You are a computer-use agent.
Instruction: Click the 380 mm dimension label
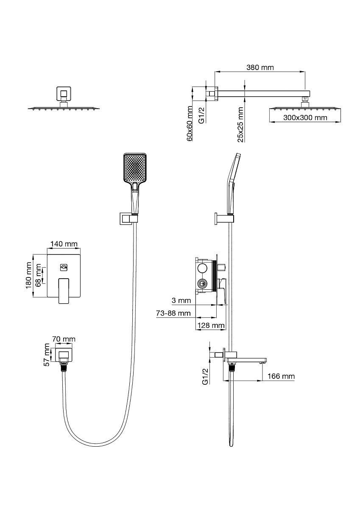(260, 67)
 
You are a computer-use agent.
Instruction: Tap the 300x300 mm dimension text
(305, 118)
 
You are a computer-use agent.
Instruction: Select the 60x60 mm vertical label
(190, 123)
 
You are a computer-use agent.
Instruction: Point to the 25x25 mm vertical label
(240, 125)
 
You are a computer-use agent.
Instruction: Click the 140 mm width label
(64, 244)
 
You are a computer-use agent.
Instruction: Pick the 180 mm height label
(28, 275)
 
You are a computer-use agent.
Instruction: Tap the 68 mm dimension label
(39, 275)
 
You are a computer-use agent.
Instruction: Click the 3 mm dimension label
(181, 300)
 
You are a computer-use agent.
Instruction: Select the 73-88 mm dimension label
(173, 313)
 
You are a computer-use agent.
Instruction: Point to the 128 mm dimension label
(211, 325)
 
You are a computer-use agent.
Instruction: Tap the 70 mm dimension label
(64, 339)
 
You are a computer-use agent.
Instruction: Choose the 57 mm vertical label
(47, 355)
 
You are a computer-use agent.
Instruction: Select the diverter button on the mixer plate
(64, 268)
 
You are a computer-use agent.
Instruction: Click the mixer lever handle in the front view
(64, 291)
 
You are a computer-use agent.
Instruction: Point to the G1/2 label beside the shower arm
(201, 115)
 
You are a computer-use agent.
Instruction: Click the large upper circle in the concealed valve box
(202, 268)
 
